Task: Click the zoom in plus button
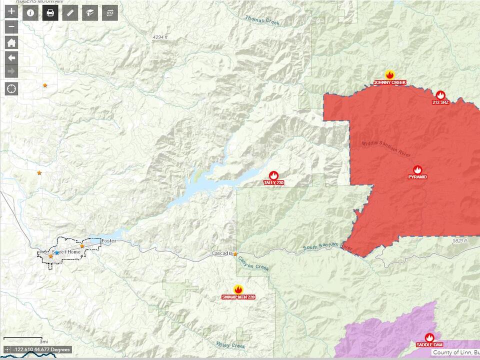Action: click(x=11, y=12)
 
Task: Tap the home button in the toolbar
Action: click(x=11, y=42)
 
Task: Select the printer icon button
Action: click(x=50, y=12)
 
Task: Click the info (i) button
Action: click(x=30, y=12)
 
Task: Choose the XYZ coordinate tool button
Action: click(x=109, y=12)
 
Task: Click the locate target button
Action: click(x=11, y=89)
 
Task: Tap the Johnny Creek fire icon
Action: click(x=389, y=75)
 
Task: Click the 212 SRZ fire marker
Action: click(x=440, y=95)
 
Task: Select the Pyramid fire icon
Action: click(x=417, y=170)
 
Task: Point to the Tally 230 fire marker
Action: click(x=273, y=175)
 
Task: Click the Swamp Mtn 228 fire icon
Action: click(x=238, y=290)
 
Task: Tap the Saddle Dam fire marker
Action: click(x=429, y=337)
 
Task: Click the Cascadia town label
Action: click(x=221, y=253)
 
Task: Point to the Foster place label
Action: click(x=108, y=241)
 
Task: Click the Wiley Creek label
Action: click(x=230, y=345)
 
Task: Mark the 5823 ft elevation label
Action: click(x=458, y=240)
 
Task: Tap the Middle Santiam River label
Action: click(x=386, y=149)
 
